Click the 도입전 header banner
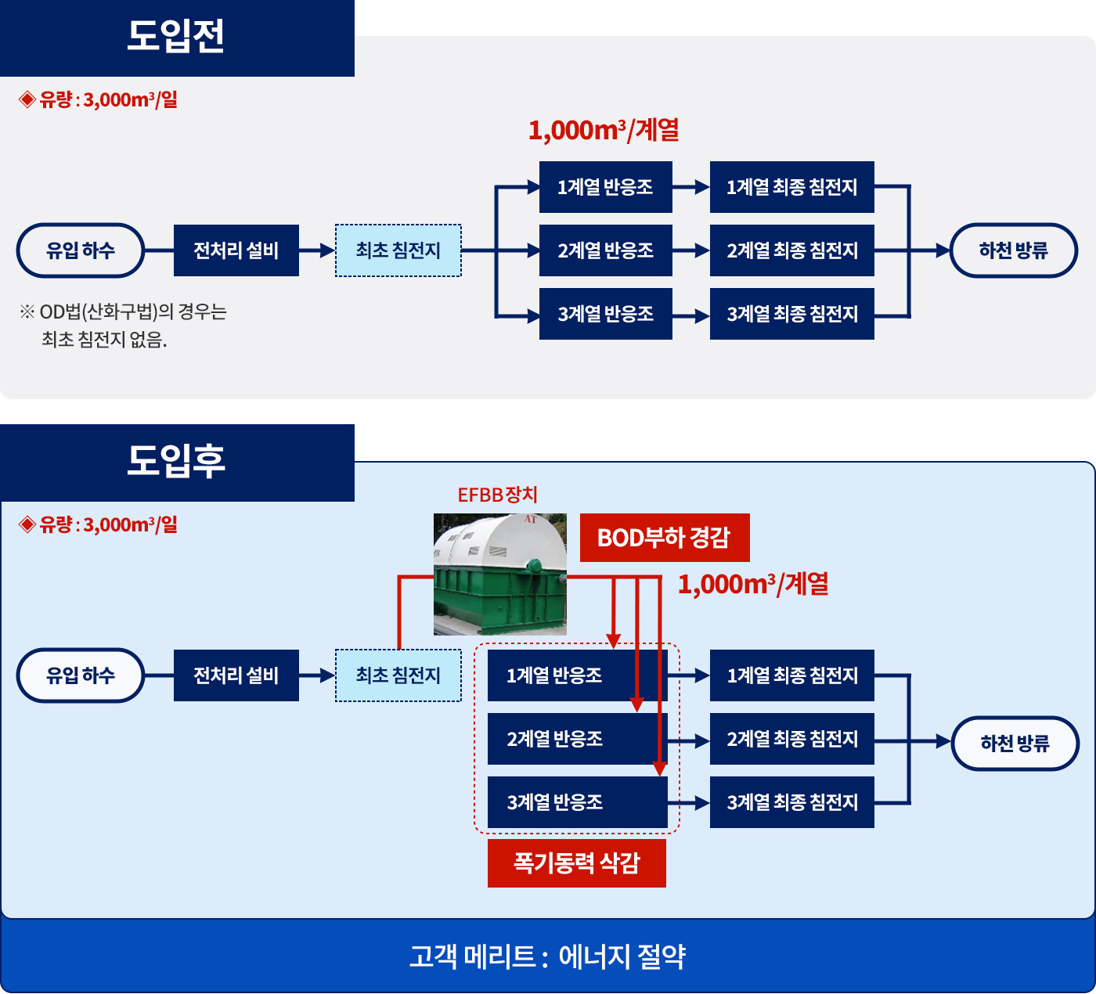[x=177, y=38]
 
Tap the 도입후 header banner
[x=177, y=463]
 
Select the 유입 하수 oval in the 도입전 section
[x=81, y=250]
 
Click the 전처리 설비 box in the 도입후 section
[x=236, y=675]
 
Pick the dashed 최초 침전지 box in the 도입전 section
[x=398, y=250]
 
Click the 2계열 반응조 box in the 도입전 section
[x=605, y=250]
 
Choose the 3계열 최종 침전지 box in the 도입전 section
[x=791, y=314]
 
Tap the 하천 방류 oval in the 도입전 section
[x=1014, y=250]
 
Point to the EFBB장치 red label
[x=497, y=495]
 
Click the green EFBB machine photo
[x=500, y=574]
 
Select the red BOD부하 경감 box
[x=665, y=538]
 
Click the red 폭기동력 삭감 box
[x=576, y=863]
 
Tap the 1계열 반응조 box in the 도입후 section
[x=578, y=675]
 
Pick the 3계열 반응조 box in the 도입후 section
[x=578, y=802]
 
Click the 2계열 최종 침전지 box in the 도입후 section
[x=791, y=739]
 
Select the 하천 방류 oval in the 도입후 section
[x=1015, y=744]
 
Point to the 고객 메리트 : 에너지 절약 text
[x=547, y=957]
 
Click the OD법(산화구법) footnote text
[x=124, y=326]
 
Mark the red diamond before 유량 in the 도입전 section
[x=27, y=99]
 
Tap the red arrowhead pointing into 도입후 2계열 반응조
[x=637, y=705]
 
